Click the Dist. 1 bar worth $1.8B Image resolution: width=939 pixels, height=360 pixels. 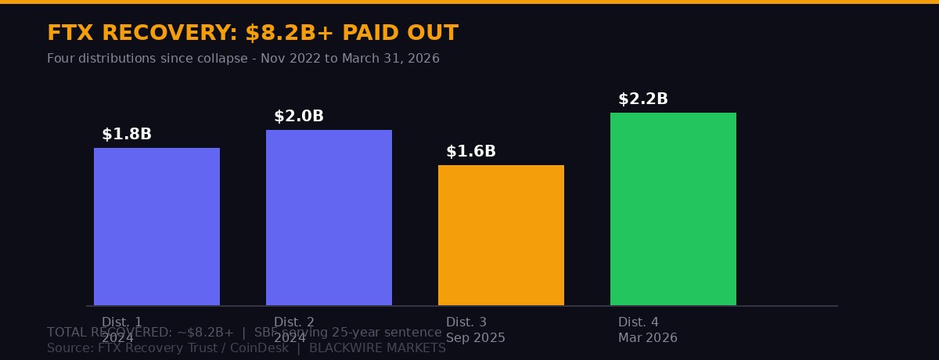tap(156, 226)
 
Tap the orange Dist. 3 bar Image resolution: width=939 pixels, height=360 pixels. tap(501, 235)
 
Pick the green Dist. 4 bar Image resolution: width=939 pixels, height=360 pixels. tap(673, 209)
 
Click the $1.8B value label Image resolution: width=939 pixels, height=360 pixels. tap(127, 135)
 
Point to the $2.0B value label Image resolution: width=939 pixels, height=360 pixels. tap(299, 117)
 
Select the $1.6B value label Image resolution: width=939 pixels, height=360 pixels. tap(471, 152)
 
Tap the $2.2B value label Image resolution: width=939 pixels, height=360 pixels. tap(643, 99)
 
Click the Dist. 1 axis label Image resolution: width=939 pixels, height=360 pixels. tap(122, 322)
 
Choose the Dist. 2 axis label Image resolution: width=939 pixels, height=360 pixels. tap(294, 322)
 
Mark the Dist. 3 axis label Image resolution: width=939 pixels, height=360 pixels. tap(466, 322)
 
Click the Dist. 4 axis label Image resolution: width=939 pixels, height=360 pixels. tap(639, 322)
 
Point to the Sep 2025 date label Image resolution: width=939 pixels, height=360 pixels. tap(476, 338)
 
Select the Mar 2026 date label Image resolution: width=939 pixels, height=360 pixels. tap(648, 338)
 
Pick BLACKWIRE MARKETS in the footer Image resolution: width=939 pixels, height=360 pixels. tap(377, 349)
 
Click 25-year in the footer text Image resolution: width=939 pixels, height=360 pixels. tap(342, 333)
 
